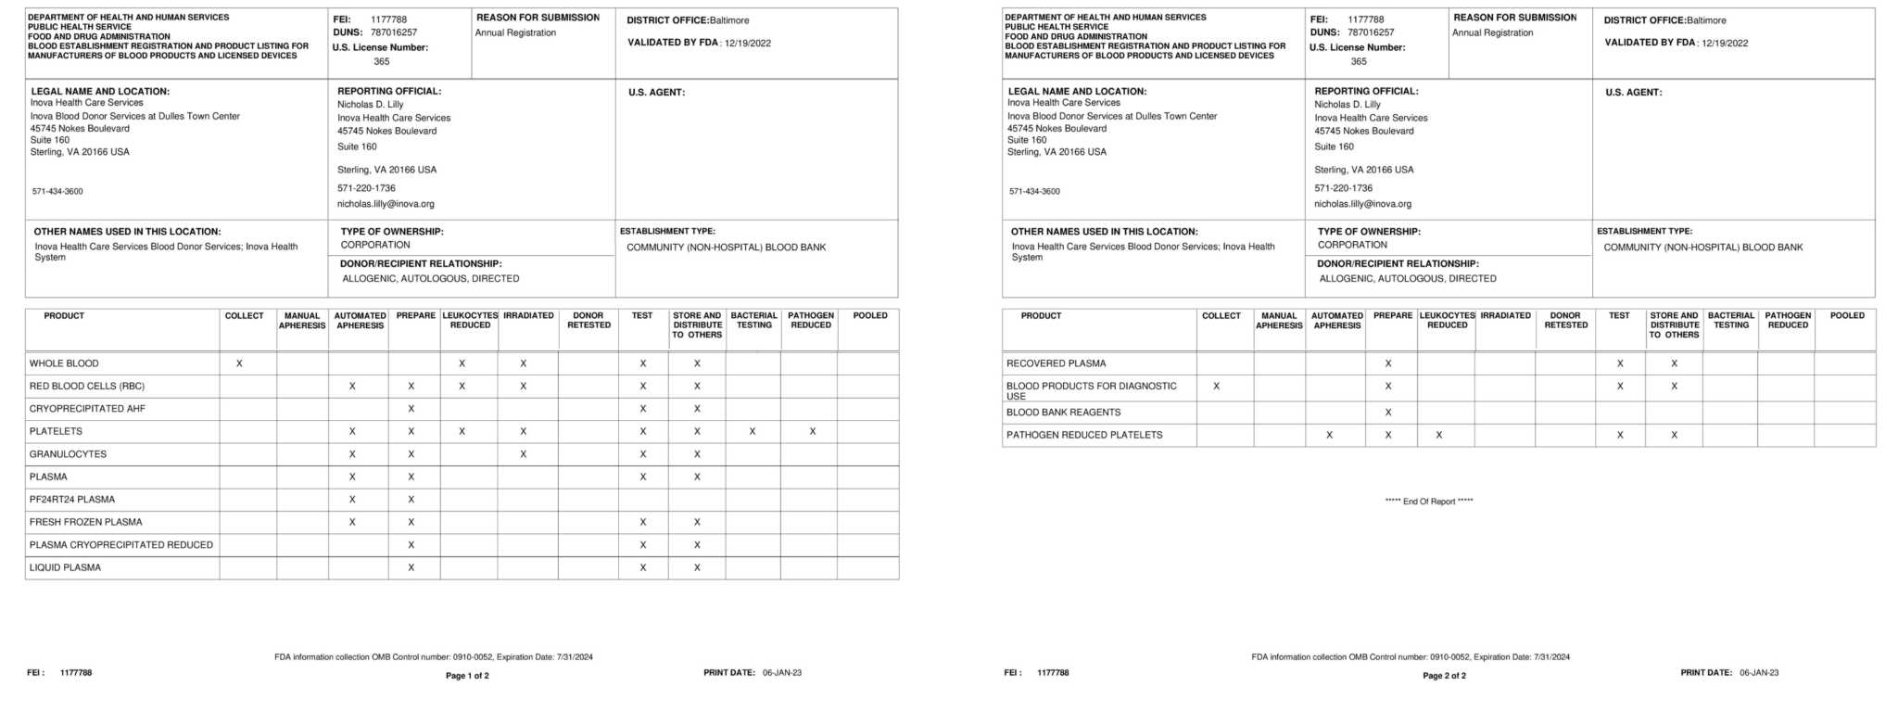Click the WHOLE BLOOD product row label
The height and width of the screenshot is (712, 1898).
[x=64, y=363]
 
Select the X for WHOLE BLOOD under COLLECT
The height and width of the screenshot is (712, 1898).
[x=239, y=363]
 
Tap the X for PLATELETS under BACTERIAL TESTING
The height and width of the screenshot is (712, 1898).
[x=753, y=431]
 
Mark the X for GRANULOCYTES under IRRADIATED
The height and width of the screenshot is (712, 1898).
[x=524, y=454]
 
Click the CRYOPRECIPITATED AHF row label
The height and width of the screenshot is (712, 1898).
[x=87, y=409]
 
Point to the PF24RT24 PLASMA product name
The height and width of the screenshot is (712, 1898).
[x=72, y=500]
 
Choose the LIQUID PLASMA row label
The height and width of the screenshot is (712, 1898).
[x=65, y=567]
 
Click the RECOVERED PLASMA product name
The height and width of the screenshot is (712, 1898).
[x=1056, y=363]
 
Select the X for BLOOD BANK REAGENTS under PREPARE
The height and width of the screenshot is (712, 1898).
[x=1387, y=413]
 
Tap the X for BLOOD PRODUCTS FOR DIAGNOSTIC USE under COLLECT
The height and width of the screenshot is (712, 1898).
[x=1217, y=386]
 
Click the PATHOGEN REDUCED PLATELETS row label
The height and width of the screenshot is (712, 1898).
[x=1084, y=435]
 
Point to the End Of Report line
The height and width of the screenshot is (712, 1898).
[x=1429, y=502]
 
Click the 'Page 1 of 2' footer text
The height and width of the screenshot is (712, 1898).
[x=467, y=676]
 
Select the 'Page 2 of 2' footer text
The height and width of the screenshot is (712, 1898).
[x=1444, y=676]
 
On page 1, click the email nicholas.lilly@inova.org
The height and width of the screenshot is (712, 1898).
[x=386, y=204]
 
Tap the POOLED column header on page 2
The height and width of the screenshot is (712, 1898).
[x=1847, y=316]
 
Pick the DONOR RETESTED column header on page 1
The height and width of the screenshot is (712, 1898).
[x=588, y=321]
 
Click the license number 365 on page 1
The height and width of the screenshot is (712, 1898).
[x=382, y=62]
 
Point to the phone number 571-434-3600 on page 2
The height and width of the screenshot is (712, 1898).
[x=1034, y=192]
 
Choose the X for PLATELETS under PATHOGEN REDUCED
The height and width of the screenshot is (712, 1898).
[x=812, y=431]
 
